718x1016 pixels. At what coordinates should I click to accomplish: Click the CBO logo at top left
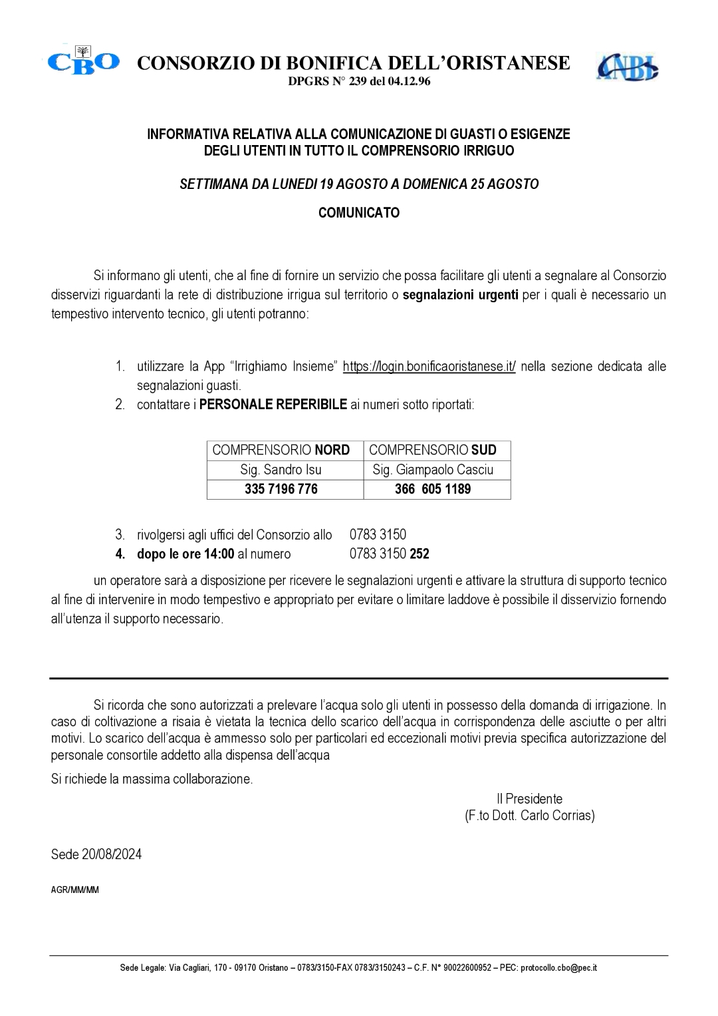click(84, 61)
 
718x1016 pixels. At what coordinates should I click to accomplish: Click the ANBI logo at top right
click(627, 67)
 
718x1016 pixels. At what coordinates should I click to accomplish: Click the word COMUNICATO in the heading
click(359, 213)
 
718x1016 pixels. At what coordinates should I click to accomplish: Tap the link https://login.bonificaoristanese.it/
click(429, 367)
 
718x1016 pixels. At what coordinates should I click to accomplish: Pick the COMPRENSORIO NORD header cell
click(285, 450)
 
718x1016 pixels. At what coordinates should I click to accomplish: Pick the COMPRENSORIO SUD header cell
click(437, 450)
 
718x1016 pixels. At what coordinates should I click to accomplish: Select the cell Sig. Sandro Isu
click(285, 470)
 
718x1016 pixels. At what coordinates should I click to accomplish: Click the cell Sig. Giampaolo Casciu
click(437, 470)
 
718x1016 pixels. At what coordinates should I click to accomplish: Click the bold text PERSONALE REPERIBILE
click(273, 405)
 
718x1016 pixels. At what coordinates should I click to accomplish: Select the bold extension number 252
click(419, 554)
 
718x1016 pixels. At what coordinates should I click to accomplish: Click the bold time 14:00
click(219, 554)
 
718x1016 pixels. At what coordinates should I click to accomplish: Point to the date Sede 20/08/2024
click(96, 854)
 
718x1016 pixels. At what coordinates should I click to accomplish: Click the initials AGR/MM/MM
click(75, 890)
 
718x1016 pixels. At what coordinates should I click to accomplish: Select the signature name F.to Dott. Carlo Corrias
click(530, 815)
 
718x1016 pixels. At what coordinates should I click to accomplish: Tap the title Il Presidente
click(529, 798)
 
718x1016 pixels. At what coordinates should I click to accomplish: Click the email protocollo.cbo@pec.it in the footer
click(558, 968)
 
